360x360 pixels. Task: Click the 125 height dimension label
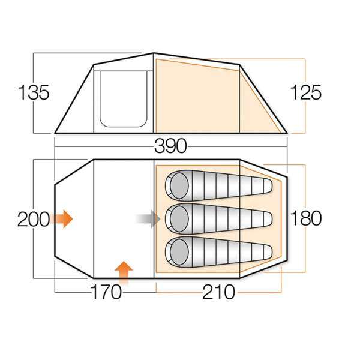pyautogui.click(x=307, y=93)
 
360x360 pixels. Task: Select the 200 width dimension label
pyautogui.click(x=33, y=219)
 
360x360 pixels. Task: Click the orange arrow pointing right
pyautogui.click(x=62, y=219)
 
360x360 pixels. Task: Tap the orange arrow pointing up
pyautogui.click(x=124, y=272)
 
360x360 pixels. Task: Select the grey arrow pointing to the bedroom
pyautogui.click(x=148, y=219)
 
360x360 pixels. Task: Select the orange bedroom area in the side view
pyautogui.click(x=198, y=96)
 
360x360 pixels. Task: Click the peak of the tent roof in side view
pyautogui.click(x=154, y=54)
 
